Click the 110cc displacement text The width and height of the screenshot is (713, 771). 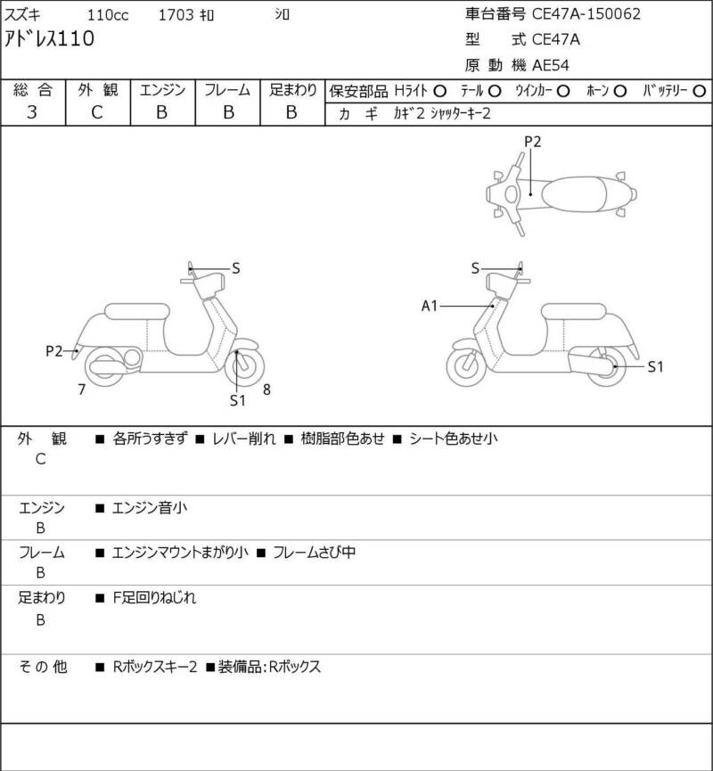(107, 14)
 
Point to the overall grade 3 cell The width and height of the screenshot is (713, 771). (32, 112)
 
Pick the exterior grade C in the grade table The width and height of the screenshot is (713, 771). (97, 112)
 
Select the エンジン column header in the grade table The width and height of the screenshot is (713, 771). (161, 90)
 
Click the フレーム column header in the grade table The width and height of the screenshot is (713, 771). (227, 90)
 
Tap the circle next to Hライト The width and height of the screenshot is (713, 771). (439, 91)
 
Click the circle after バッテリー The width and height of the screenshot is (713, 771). (699, 91)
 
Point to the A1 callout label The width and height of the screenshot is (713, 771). (430, 307)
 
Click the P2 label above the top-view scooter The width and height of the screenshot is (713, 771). (532, 141)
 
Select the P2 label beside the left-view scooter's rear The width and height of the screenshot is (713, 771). (54, 351)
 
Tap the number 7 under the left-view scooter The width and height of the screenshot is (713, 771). (81, 389)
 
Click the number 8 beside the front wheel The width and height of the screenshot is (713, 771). (266, 389)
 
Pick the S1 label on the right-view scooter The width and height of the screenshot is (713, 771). (655, 365)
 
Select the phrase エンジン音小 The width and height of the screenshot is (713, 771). (150, 508)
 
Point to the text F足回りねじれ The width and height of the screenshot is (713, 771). (154, 598)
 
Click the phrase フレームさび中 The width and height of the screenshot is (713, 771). (314, 553)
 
